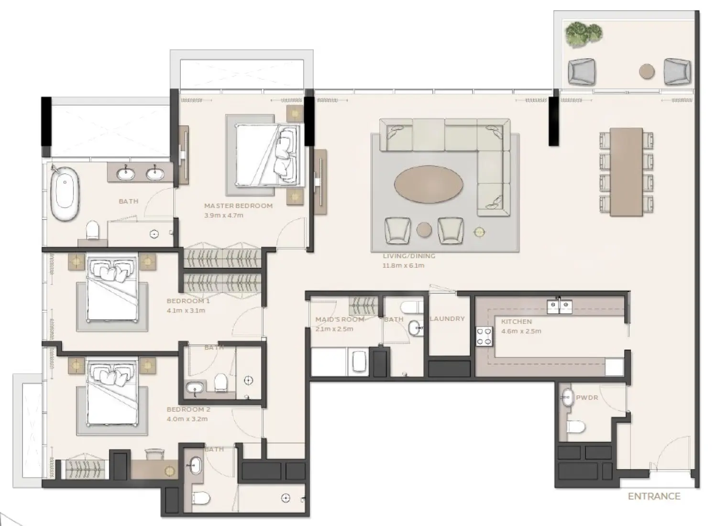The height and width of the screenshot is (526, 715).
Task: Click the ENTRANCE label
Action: click(654, 496)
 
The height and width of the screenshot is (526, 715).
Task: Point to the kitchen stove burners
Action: click(484, 336)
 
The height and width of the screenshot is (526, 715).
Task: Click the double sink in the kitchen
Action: click(559, 307)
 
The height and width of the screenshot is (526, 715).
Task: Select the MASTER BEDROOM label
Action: click(238, 206)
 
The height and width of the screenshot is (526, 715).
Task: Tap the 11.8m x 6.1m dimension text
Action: click(403, 265)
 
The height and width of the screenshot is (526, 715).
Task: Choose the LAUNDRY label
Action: click(447, 318)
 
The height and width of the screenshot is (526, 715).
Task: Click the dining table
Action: click(626, 172)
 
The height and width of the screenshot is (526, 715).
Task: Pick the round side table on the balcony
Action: click(647, 71)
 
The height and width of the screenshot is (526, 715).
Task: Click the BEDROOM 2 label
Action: click(188, 409)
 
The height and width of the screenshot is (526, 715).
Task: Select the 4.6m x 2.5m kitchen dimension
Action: click(521, 331)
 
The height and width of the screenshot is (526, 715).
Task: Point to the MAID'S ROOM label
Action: click(340, 319)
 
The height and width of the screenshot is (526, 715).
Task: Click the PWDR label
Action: click(587, 397)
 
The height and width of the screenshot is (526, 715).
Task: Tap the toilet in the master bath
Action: click(93, 230)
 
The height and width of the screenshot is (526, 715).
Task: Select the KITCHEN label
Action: click(517, 322)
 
